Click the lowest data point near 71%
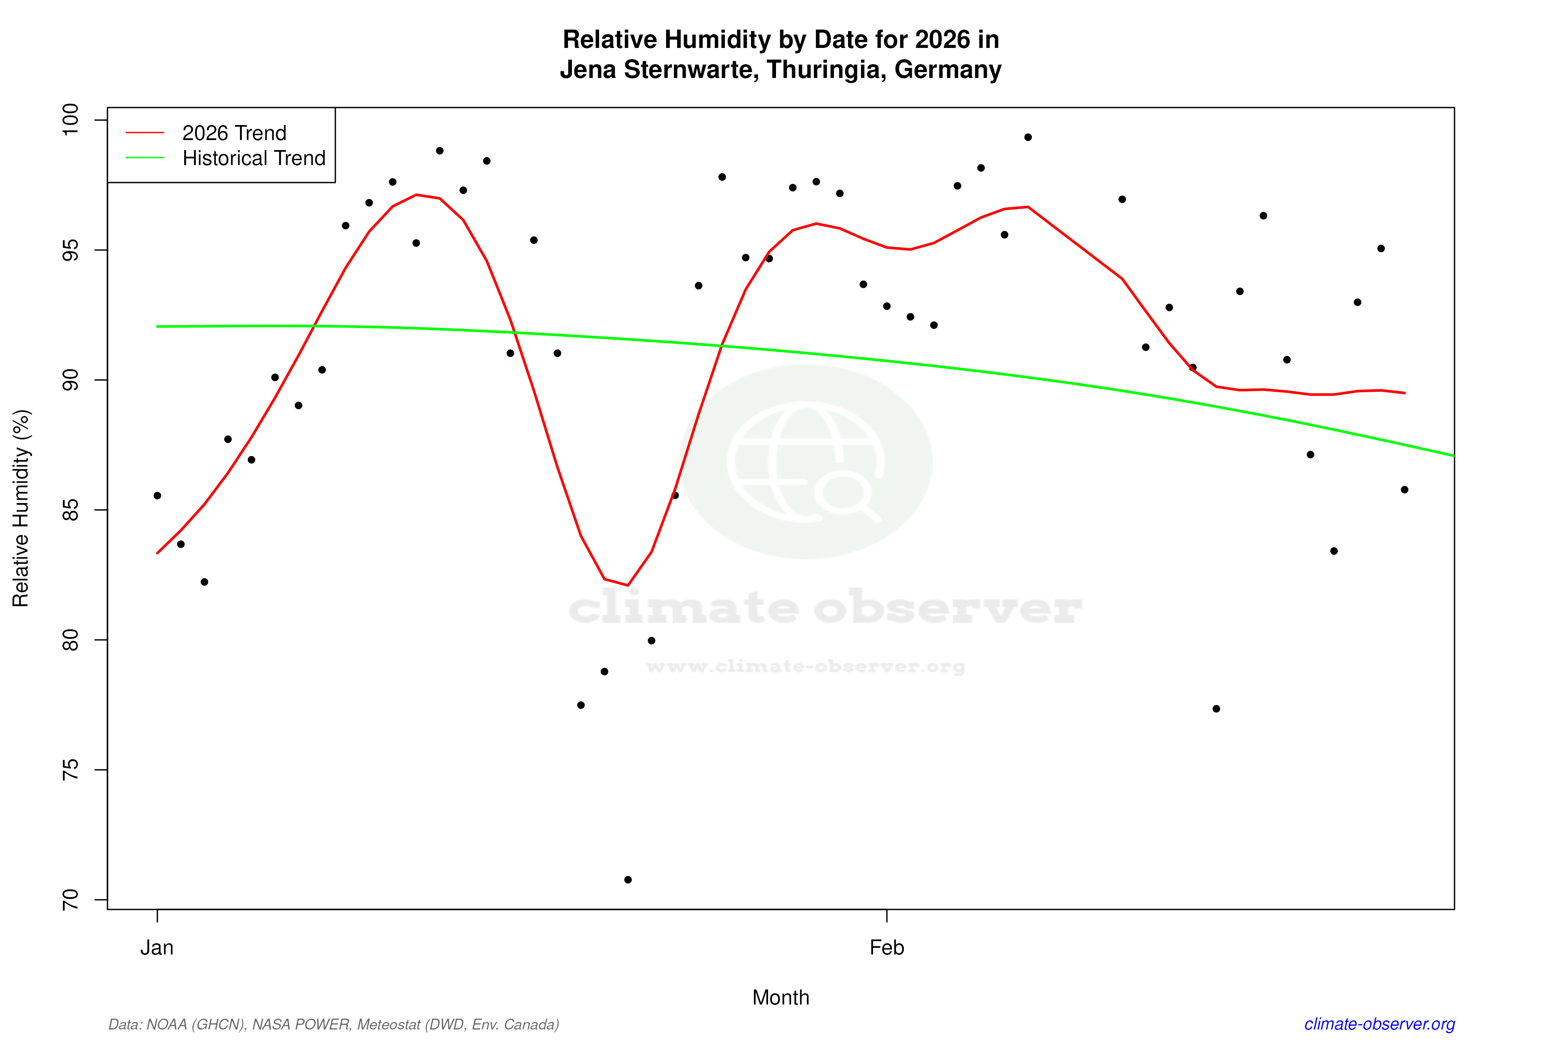point(628,880)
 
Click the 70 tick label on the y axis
point(70,900)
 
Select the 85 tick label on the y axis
point(70,510)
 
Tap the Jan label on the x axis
point(157,948)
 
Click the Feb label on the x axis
point(887,948)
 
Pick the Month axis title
point(780,997)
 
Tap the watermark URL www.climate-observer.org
point(805,666)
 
